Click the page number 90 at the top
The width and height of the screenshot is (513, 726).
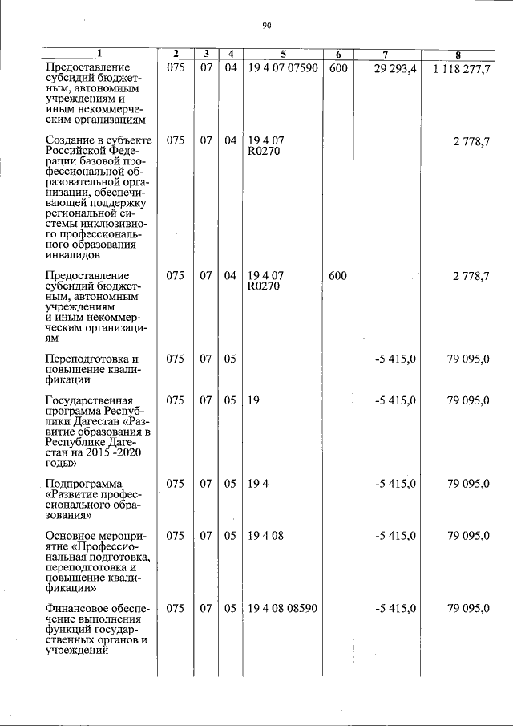[267, 26]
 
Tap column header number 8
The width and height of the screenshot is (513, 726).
[458, 55]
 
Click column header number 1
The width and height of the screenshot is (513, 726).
[99, 55]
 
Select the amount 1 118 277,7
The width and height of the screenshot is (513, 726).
[461, 69]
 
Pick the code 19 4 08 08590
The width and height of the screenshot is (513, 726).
[282, 609]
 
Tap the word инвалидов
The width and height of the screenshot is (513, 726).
[73, 256]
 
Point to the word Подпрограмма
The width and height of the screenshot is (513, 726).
[84, 484]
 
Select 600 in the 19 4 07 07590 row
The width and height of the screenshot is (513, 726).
[337, 69]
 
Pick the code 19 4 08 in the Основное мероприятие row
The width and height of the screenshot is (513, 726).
[266, 535]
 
